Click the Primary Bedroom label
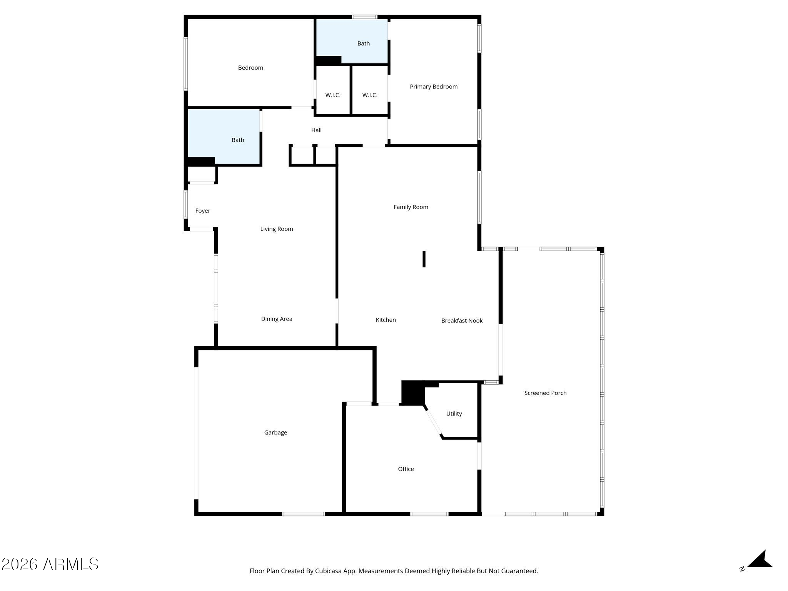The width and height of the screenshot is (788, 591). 434,87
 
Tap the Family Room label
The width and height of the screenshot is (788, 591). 411,207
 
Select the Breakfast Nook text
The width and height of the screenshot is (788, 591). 462,321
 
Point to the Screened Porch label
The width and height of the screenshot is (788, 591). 545,393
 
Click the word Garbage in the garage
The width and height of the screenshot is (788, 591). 275,432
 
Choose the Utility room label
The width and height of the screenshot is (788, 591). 454,414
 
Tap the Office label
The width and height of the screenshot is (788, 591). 406,469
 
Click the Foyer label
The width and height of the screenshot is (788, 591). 203,211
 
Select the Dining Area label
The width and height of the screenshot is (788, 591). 277,319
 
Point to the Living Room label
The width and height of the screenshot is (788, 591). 277,229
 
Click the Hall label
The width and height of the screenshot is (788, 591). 316,130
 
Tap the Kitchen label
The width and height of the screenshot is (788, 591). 386,320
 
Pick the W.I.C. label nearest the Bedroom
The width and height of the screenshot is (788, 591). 333,95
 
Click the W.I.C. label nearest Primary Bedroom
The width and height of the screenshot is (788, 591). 370,95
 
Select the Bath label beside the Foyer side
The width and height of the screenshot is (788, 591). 238,140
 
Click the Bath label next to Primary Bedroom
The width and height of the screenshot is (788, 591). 364,43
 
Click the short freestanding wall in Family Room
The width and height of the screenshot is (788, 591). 424,259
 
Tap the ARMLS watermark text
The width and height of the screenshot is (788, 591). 50,564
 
